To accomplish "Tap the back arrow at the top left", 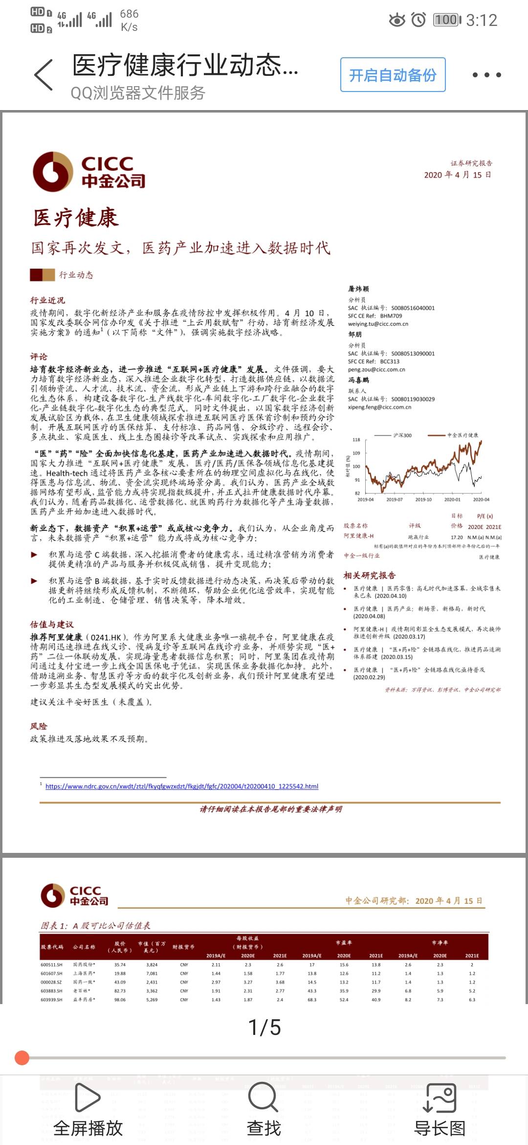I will pos(44,75).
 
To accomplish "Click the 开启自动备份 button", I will pos(393,75).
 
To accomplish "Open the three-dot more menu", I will pos(486,75).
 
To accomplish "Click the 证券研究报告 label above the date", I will pos(471,163).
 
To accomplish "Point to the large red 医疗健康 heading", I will pos(76,218).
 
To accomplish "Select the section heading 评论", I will pos(39,356).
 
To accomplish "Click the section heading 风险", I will pos(39,726).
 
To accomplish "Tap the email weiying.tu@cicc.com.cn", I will pos(378,324).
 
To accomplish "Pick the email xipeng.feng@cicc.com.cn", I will pos(379,407).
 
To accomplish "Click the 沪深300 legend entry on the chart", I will pos(402,435).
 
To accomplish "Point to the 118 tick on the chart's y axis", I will pos(356,440).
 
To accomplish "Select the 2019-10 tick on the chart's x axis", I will pos(423,500).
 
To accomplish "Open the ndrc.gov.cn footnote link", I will pos(182,786).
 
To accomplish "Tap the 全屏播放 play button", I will pos(88,1108).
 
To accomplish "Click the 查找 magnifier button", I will pos(264,1108).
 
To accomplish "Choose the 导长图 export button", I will pos(440,1108).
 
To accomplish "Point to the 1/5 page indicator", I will pos(264,1028).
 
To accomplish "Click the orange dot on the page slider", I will pos(22,1057).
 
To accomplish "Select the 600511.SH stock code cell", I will pos(51,965).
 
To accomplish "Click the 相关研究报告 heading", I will pos(370,575).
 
